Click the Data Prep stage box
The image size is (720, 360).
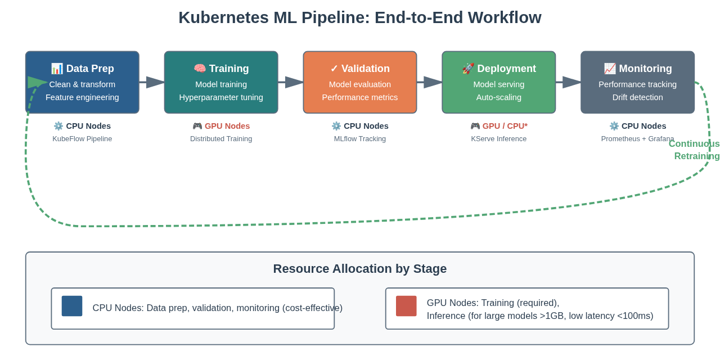[x=82, y=82]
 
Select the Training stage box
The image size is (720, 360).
[x=221, y=82]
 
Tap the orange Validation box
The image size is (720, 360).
[x=360, y=82]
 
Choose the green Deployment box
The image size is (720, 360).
[x=499, y=82]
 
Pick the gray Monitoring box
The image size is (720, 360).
[x=638, y=82]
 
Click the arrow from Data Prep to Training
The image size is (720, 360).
[x=152, y=82]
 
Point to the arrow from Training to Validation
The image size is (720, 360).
[x=291, y=82]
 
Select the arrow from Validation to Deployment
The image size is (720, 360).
[x=430, y=82]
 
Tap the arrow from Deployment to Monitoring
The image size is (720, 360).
[x=569, y=82]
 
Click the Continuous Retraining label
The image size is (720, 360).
[x=694, y=150]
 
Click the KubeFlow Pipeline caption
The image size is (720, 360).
[x=82, y=138]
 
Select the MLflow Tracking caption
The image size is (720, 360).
[x=360, y=138]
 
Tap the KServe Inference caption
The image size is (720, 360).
[x=499, y=138]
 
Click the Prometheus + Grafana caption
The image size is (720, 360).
[x=637, y=138]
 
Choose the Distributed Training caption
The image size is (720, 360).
[x=221, y=138]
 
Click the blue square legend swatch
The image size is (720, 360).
[x=72, y=306]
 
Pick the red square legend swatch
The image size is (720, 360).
[x=406, y=306]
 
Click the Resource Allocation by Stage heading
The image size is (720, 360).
[x=360, y=269]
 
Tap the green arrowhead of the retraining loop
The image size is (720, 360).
[x=37, y=82]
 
